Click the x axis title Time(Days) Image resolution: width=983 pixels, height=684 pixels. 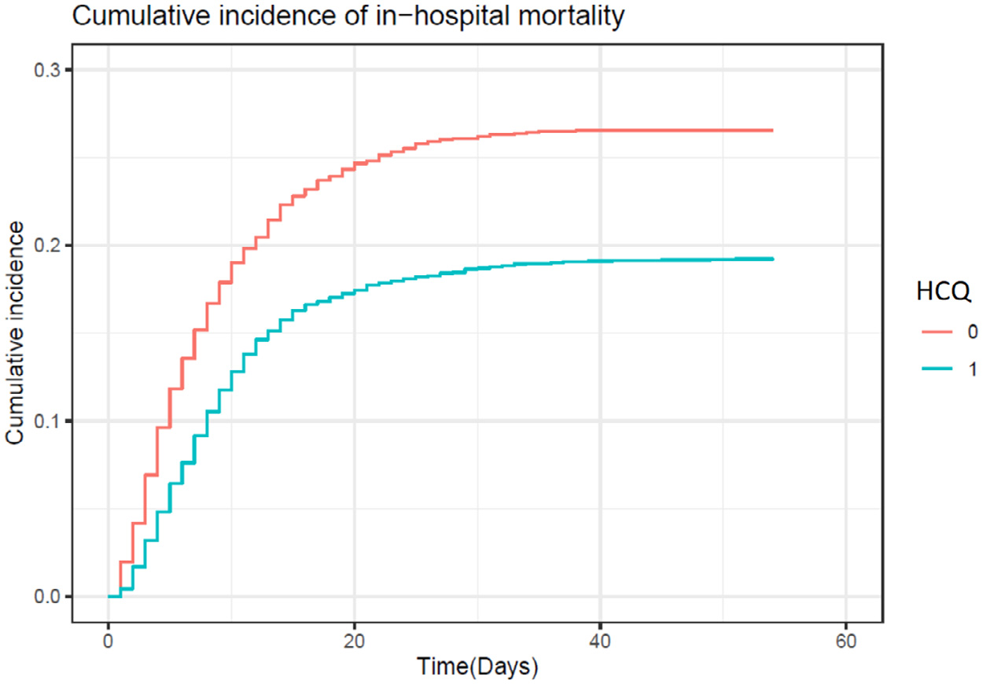477,667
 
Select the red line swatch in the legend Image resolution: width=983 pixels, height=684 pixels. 935,333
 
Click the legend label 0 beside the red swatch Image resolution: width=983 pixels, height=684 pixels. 972,333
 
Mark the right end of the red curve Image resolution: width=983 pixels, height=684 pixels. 772,131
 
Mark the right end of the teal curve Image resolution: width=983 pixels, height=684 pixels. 772,259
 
